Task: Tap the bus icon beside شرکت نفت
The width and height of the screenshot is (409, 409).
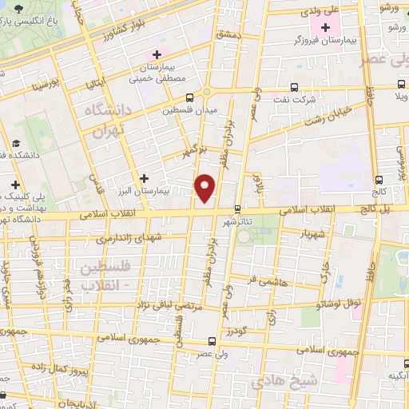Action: pos(295,87)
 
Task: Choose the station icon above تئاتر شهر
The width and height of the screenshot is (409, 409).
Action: pos(237,208)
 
